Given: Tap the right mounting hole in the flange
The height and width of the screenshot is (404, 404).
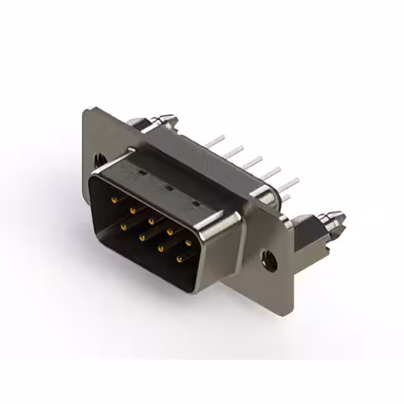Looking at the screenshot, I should (x=270, y=259).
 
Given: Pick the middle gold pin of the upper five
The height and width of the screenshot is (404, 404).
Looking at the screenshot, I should (x=151, y=221).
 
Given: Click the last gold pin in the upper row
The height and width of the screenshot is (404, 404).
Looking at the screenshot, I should (x=189, y=242).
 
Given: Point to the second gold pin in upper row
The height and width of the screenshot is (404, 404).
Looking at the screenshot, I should (x=133, y=210).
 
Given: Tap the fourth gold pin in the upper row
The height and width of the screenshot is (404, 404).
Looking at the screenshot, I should (x=170, y=232).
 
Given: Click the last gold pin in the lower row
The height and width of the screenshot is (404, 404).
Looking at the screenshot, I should (x=180, y=258).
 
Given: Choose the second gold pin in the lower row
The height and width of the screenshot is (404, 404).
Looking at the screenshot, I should (x=142, y=236).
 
